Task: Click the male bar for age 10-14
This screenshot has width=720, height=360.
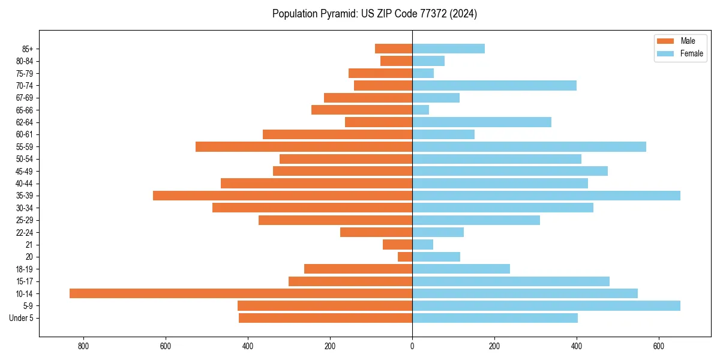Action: coord(241,293)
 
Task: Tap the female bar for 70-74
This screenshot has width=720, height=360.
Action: coord(494,86)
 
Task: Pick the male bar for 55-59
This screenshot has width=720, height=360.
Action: coord(304,147)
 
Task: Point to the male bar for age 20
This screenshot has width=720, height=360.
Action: coord(405,257)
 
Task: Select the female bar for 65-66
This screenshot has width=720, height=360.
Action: coord(421,110)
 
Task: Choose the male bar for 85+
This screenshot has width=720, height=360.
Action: coord(394,49)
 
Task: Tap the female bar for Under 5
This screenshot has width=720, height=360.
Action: coord(495,318)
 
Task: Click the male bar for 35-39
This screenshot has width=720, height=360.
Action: coord(283,196)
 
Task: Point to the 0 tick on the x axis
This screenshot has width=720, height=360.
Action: coord(412,346)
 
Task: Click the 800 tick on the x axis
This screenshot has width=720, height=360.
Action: coord(83,346)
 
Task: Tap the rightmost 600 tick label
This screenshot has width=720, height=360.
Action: coord(659,346)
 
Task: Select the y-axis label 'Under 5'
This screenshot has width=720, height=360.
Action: coord(21,318)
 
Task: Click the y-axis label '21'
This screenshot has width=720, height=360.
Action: coord(29,245)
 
